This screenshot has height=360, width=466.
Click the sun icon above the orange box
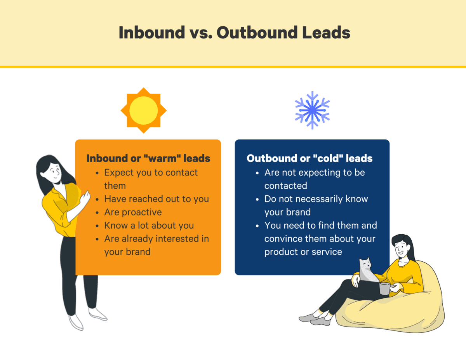tap(143, 110)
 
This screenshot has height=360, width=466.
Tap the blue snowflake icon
tap(312, 110)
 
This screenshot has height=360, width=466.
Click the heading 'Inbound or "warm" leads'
tap(148, 158)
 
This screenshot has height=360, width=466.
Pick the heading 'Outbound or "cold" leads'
tap(310, 158)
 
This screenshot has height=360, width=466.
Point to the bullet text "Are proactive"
tap(133, 212)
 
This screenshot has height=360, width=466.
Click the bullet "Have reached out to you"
tap(156, 199)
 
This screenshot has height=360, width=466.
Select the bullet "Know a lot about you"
tap(149, 225)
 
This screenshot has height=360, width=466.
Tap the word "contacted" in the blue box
tap(285, 186)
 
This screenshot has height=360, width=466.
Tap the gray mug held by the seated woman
tap(384, 289)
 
